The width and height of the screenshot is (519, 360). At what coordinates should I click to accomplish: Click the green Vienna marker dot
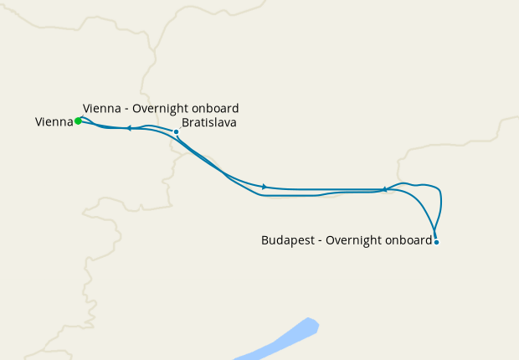pos(78,121)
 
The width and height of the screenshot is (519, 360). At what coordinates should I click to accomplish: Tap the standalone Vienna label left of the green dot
pos(54,122)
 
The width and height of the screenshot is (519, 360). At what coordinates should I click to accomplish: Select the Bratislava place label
pos(208,122)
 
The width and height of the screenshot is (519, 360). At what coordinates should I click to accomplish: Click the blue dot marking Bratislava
pos(176,131)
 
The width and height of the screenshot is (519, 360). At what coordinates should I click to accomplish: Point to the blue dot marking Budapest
pos(436,242)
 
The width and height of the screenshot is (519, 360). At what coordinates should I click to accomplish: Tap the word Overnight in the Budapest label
pos(352,241)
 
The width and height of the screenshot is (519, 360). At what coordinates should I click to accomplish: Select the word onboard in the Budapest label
pos(409,241)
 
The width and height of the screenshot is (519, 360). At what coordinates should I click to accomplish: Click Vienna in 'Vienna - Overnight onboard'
pos(101,109)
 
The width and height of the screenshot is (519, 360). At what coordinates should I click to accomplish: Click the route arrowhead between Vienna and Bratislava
pos(129,128)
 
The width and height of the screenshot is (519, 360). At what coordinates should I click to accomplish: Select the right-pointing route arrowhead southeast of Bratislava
pos(265,186)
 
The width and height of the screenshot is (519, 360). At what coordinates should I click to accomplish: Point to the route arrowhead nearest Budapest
pos(384,190)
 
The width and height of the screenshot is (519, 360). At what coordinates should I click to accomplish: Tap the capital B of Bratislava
pos(185,122)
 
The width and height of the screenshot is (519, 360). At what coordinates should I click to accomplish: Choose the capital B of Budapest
pos(265,241)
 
